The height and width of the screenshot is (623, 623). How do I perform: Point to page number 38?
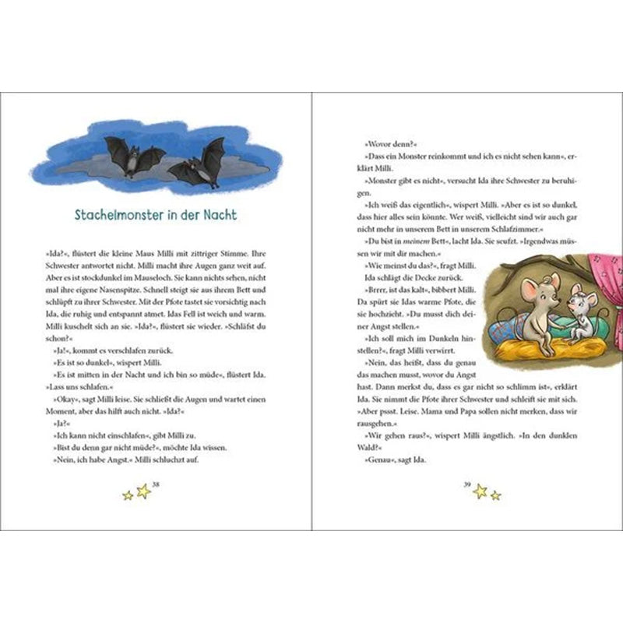pyautogui.click(x=157, y=485)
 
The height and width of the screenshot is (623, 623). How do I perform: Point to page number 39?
pyautogui.click(x=466, y=485)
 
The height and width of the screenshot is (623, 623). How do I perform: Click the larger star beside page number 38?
pyautogui.click(x=143, y=491)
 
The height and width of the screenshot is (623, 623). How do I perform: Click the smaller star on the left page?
pyautogui.click(x=128, y=495)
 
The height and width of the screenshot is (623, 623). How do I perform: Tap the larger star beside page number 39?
pyautogui.click(x=480, y=491)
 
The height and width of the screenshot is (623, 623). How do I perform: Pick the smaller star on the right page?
pyautogui.click(x=496, y=495)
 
